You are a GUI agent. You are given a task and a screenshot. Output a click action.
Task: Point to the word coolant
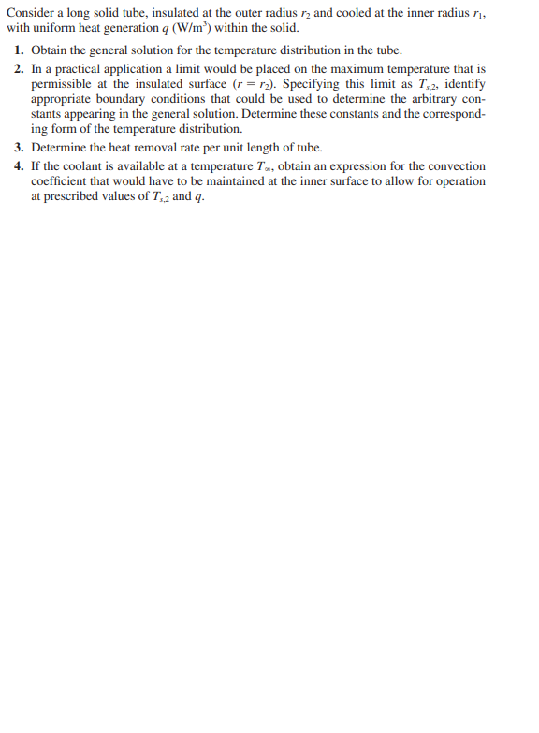(93, 165)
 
